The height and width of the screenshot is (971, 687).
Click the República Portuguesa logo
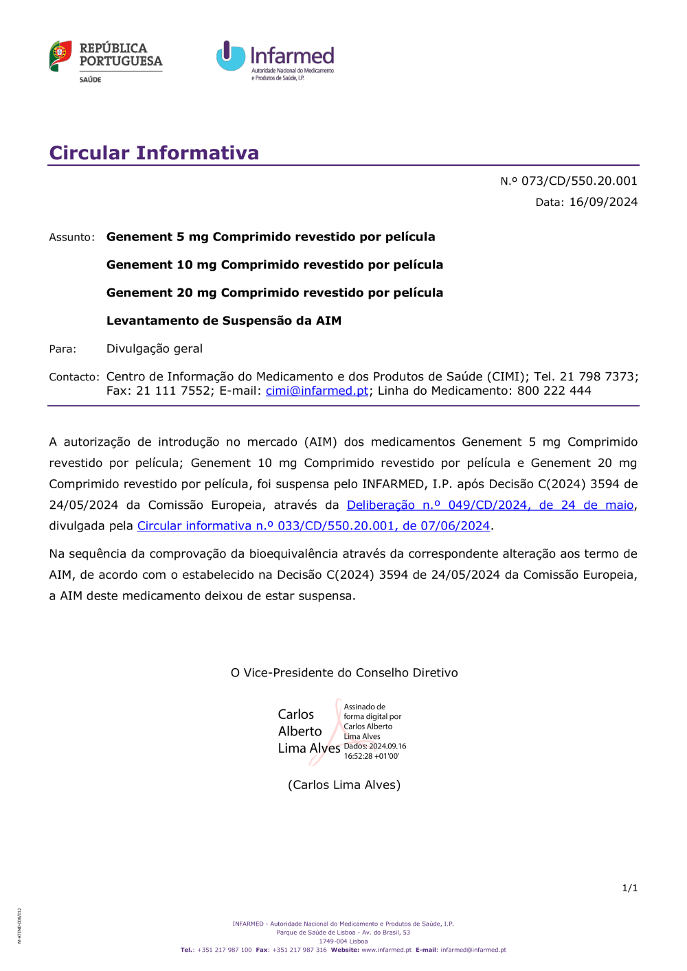pos(106,60)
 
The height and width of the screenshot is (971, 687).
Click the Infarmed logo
pos(275,60)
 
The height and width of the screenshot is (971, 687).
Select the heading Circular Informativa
pos(154,152)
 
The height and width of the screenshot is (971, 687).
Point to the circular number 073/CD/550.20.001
pos(578,181)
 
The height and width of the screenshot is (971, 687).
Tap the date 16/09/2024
pos(603,202)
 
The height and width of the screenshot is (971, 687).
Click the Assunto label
pos(71,238)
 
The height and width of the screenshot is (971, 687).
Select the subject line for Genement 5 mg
pos(271,237)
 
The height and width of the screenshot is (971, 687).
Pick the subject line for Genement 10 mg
pos(275,265)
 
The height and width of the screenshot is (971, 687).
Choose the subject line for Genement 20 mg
pos(275,293)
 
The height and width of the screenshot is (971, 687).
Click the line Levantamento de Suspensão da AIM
pos(224,321)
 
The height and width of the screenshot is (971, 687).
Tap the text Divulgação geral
pos(155,349)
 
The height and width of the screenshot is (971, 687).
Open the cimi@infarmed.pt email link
pos(317,391)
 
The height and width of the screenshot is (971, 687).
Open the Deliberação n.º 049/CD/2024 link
pos(490,505)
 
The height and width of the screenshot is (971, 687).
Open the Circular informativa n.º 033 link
pos(313,526)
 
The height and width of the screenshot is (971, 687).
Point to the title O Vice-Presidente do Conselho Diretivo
pos(344,673)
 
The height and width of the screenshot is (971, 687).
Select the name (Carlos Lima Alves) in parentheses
pos(344,785)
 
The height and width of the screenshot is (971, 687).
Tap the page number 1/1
pos(629,888)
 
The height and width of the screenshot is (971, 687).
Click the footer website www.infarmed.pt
pos(386,950)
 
